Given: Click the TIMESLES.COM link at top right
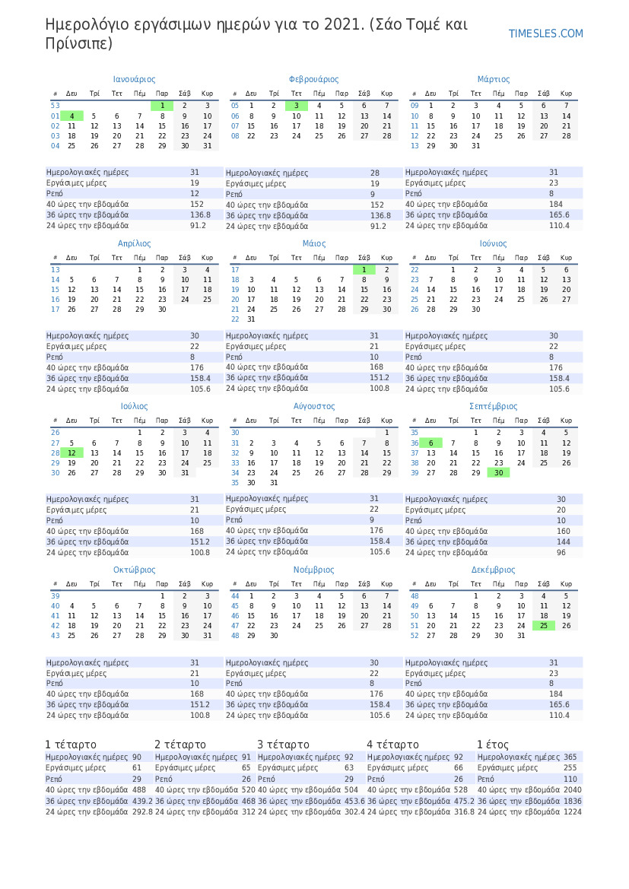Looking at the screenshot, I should coord(545,33).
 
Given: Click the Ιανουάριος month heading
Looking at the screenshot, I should coord(134,79).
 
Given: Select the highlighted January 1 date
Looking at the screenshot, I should coord(162,106).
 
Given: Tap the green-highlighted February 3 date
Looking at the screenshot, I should coord(297,106).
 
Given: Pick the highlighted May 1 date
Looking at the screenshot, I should coord(364,270).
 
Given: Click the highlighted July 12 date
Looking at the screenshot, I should coord(71,452).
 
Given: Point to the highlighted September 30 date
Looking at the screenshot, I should coord(498,472).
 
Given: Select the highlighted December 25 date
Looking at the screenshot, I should coord(544,625).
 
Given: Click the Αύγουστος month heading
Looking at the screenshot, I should coord(314,407).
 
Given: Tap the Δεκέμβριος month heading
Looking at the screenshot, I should coord(493,570).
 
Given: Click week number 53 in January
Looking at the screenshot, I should coord(55,106).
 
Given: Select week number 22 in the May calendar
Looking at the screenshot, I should coord(235,319).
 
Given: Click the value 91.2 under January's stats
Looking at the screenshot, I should coord(198,226).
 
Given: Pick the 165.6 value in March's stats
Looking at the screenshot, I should coord(559,215).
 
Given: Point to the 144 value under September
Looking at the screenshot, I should coord(563,541).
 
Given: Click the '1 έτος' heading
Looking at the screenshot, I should coord(492,745).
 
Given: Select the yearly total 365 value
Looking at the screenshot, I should coord(570,757).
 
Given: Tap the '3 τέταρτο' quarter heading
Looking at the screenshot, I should coord(283,745).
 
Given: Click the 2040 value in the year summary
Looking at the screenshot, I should coord(572,790).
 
